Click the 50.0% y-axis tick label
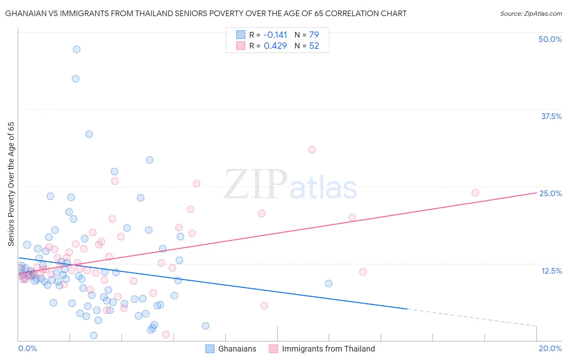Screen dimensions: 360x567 click(550, 39)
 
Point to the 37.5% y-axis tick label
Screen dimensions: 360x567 click(551, 116)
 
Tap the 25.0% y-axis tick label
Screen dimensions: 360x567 click(550, 193)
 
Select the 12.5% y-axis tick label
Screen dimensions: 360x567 click(551, 271)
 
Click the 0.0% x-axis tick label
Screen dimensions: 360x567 click(27, 348)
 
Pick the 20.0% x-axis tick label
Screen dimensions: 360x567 click(550, 348)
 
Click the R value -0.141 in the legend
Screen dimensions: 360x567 click(275, 35)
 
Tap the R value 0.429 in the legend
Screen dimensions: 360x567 click(275, 46)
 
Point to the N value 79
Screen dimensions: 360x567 click(314, 35)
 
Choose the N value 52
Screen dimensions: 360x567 click(314, 46)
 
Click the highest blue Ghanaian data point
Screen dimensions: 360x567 click(77, 50)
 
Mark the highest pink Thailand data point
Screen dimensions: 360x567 click(312, 150)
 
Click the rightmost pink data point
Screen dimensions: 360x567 click(475, 193)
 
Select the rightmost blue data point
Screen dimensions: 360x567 click(329, 283)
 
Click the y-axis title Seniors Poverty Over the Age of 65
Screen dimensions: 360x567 click(11, 184)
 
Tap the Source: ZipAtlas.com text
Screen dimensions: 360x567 click(531, 14)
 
